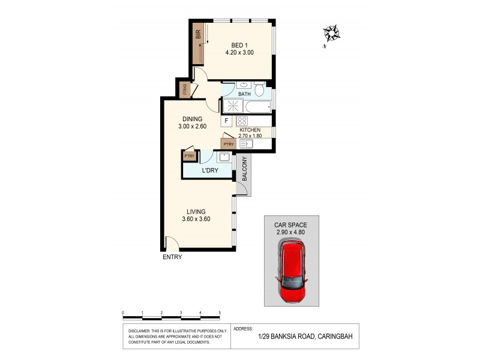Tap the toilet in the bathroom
(259, 90)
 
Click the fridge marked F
(226, 121)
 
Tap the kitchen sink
(246, 143)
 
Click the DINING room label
(192, 119)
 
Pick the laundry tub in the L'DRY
(223, 157)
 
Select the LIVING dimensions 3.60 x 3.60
(196, 220)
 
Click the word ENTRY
(172, 257)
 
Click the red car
(291, 271)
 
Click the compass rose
(330, 34)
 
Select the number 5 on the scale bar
(220, 313)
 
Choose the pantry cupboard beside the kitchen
(228, 144)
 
